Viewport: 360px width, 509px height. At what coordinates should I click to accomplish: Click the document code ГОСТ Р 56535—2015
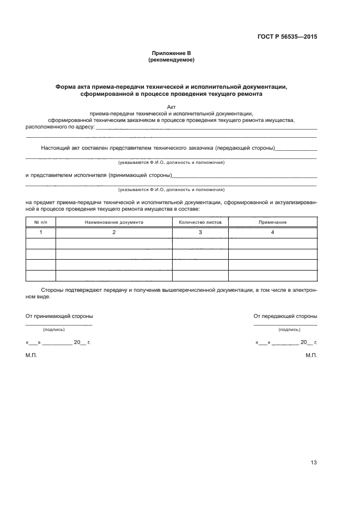point(286,37)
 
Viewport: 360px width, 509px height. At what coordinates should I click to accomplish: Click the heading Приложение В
point(172,53)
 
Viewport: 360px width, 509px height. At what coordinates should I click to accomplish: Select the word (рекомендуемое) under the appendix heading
point(172,59)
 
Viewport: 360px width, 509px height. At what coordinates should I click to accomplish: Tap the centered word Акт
point(172,107)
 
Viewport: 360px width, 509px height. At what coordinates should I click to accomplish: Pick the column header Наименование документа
point(114,222)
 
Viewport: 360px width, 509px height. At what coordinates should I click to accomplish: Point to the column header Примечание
point(272,222)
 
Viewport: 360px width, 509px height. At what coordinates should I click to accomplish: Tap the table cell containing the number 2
point(114,232)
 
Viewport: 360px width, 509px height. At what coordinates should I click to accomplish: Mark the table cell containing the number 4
point(272,232)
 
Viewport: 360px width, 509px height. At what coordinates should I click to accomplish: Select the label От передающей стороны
point(285,316)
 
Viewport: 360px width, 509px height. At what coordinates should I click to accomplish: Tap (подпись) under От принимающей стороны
point(54,329)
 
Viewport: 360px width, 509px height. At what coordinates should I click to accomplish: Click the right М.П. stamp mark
point(312,355)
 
